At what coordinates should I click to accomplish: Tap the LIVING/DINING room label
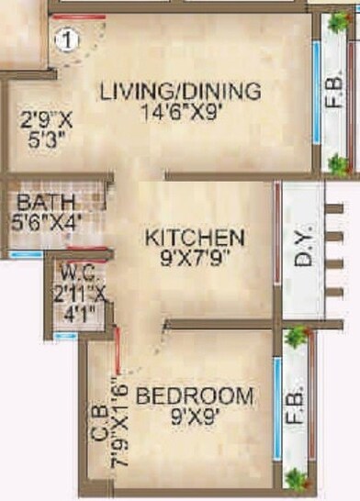(x=181, y=92)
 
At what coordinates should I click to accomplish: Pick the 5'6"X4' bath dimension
(x=45, y=220)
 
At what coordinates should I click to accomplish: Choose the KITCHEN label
(x=195, y=238)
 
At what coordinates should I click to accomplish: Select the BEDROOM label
(x=195, y=396)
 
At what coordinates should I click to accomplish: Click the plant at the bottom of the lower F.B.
(x=296, y=477)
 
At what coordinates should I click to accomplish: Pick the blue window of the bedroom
(x=275, y=404)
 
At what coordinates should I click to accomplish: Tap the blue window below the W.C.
(x=64, y=337)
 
